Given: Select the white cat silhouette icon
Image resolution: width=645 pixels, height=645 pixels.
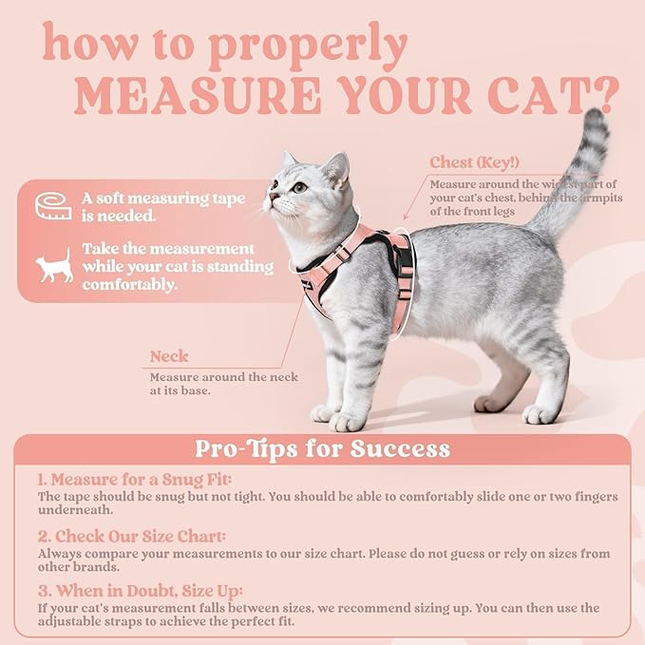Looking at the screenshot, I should [x=54, y=267].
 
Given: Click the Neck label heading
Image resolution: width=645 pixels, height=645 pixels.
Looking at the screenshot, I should [x=169, y=357].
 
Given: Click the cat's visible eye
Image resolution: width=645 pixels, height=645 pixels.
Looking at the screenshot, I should [x=300, y=187].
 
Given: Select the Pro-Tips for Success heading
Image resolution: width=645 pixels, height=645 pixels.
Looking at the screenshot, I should [x=322, y=448].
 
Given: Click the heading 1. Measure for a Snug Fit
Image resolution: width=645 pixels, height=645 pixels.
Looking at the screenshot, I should [x=134, y=480].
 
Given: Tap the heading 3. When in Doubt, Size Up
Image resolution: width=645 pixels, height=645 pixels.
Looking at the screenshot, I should [x=141, y=591].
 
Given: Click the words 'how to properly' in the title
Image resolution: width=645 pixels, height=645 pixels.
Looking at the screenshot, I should [x=224, y=44].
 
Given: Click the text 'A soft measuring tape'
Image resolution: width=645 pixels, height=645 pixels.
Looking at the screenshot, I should [x=162, y=199].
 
